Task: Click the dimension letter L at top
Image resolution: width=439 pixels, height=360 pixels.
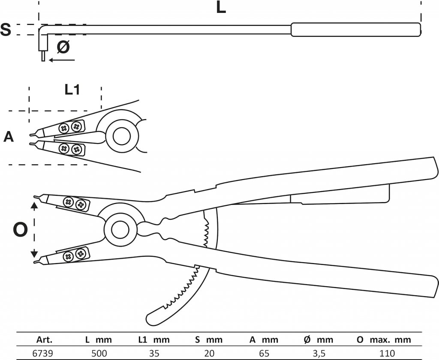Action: [x=221, y=8]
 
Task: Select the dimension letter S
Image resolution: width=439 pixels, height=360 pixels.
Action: [x=6, y=30]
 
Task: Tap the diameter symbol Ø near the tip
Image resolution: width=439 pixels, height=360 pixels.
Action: [x=63, y=47]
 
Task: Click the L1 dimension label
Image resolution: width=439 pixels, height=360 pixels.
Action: [x=72, y=90]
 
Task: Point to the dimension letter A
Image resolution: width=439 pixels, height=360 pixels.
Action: [x=9, y=137]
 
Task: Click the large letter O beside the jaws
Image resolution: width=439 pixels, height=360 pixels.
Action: [x=20, y=230]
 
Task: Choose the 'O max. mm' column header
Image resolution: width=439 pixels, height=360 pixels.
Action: [x=383, y=340]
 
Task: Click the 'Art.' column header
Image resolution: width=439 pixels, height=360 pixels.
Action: [x=44, y=340]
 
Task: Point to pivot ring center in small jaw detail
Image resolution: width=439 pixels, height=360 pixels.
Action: [x=121, y=136]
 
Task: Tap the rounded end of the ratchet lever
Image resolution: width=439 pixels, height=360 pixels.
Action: [x=151, y=319]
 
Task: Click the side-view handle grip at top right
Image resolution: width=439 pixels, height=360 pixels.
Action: [x=355, y=30]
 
